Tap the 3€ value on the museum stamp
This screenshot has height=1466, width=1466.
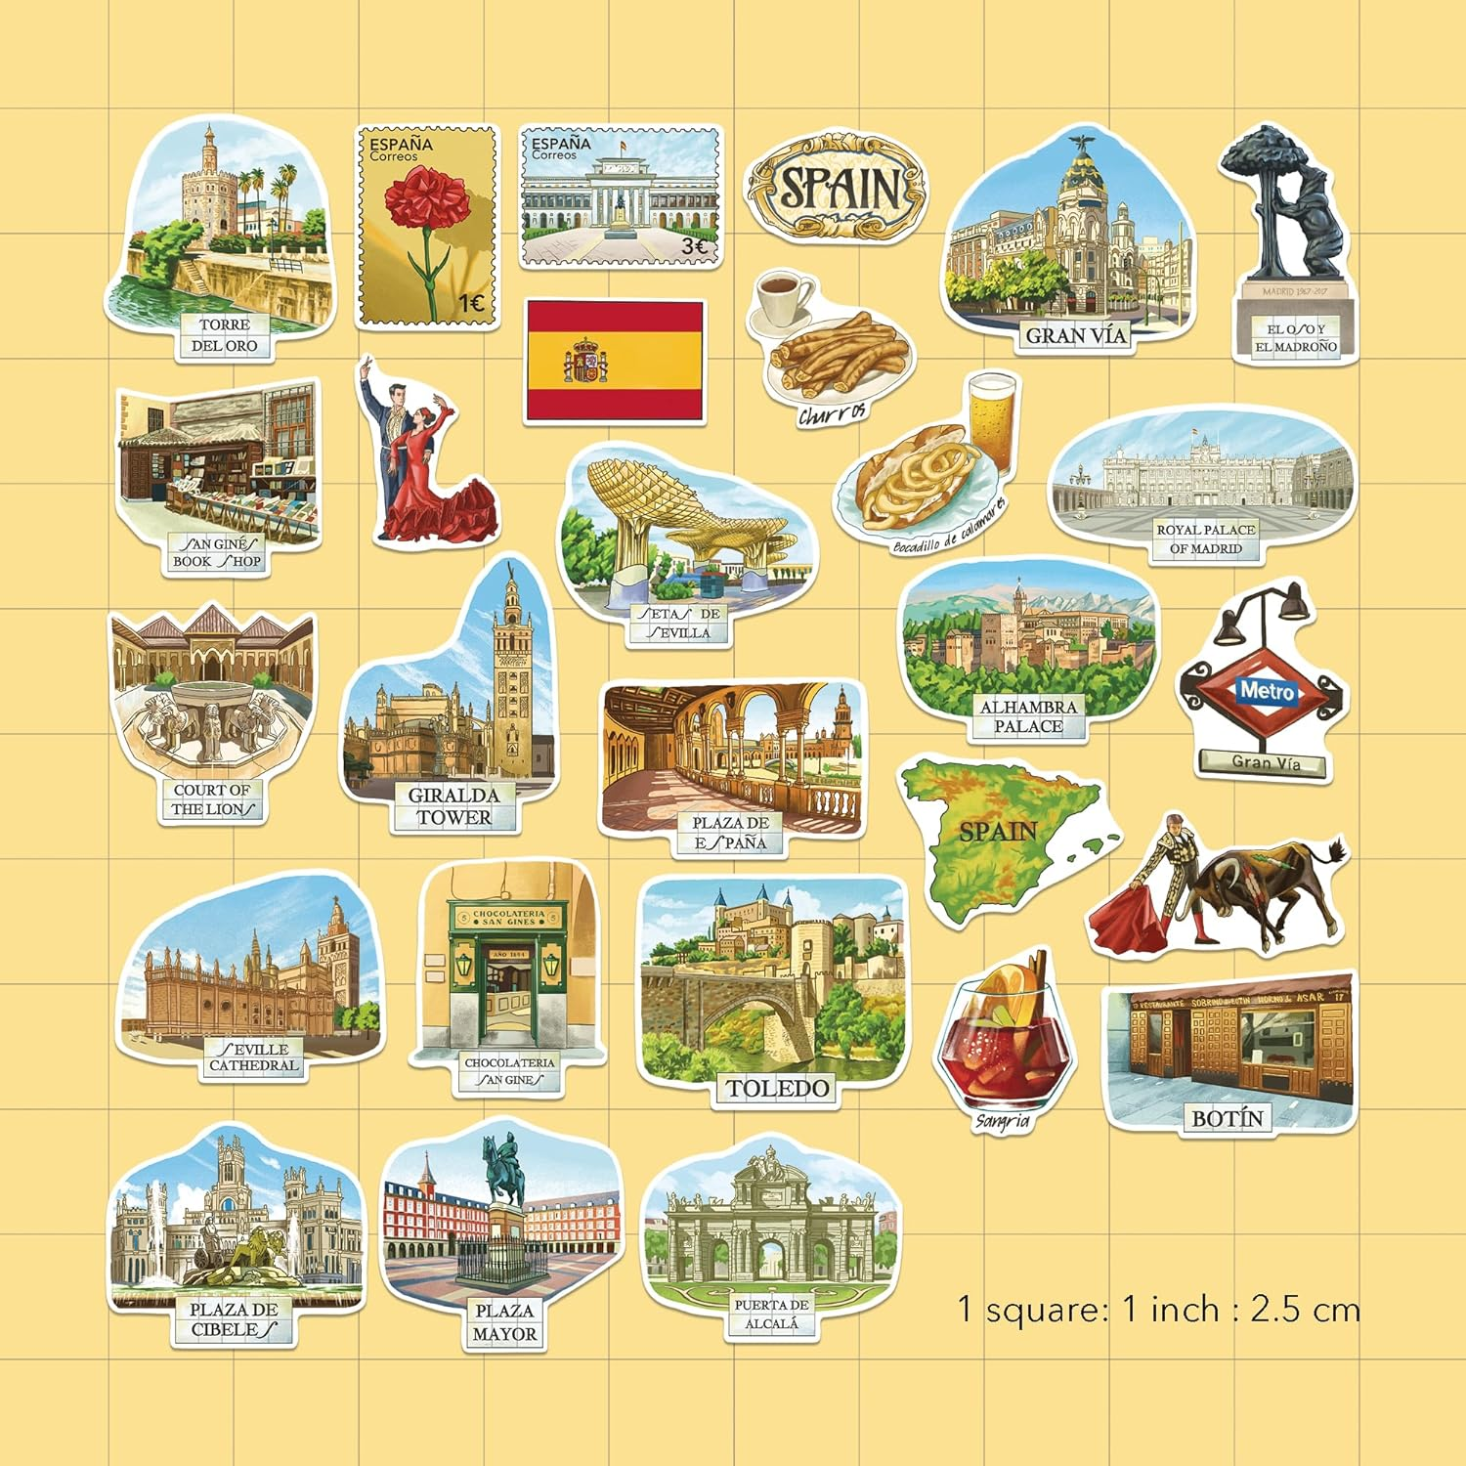[x=693, y=246]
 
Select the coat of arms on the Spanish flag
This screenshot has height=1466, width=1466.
[x=586, y=361]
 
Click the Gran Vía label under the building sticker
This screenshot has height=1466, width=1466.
[x=1075, y=335]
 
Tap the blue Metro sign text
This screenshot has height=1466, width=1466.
[x=1267, y=692]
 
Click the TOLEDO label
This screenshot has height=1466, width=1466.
[x=777, y=1088]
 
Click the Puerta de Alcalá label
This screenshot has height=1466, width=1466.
[x=771, y=1314]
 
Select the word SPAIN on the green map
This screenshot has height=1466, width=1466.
[x=997, y=832]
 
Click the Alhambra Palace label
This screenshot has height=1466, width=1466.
[x=1028, y=716]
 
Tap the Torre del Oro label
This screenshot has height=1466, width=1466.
[x=224, y=335]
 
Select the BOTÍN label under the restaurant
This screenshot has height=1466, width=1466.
[x=1228, y=1118]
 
